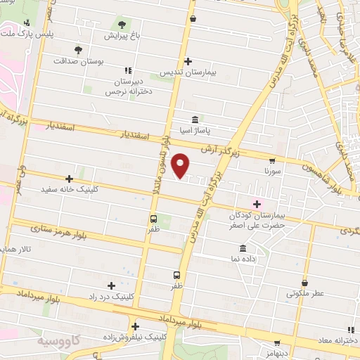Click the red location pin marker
[x=181, y=165]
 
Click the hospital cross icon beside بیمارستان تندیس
[x=187, y=61]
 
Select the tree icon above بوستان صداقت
[x=79, y=50]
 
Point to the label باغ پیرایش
[x=124, y=34]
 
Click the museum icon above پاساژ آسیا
[x=195, y=118]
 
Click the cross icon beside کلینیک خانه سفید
[x=69, y=179]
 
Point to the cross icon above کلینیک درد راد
[x=111, y=285]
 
